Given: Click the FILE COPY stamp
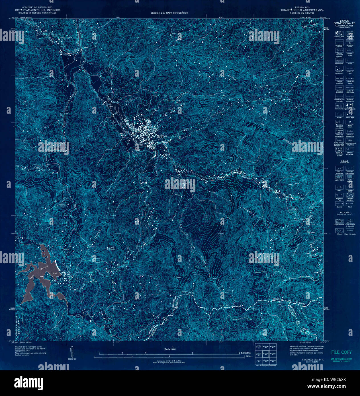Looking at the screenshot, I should coord(341,352).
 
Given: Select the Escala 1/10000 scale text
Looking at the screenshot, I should coord(170,349).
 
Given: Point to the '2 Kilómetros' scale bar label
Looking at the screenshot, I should coord(245,353).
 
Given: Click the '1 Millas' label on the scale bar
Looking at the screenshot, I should coord(248,356).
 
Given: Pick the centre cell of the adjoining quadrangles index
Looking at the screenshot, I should coord(266,354).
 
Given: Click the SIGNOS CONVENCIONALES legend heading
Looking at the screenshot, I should coord(344,22).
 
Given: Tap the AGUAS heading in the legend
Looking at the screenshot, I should coord(344,161).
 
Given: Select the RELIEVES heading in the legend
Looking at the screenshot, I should coord(344,212).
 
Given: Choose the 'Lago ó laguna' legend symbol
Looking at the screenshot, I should coord(339,177).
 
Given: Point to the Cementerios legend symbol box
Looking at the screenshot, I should coord(339,105).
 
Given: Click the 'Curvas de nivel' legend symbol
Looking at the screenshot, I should coord(339,221).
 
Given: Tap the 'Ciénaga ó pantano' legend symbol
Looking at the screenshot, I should coord(349,196).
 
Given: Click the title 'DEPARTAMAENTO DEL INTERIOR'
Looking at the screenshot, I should coord(38,10).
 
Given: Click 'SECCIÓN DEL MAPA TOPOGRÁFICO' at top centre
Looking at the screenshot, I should coord(169,13).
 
